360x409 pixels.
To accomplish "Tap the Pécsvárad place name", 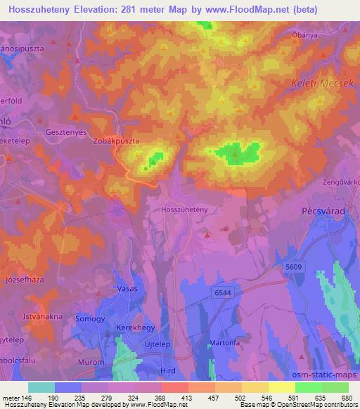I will [x=330, y=210].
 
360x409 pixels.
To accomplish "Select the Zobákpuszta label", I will [x=116, y=141].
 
